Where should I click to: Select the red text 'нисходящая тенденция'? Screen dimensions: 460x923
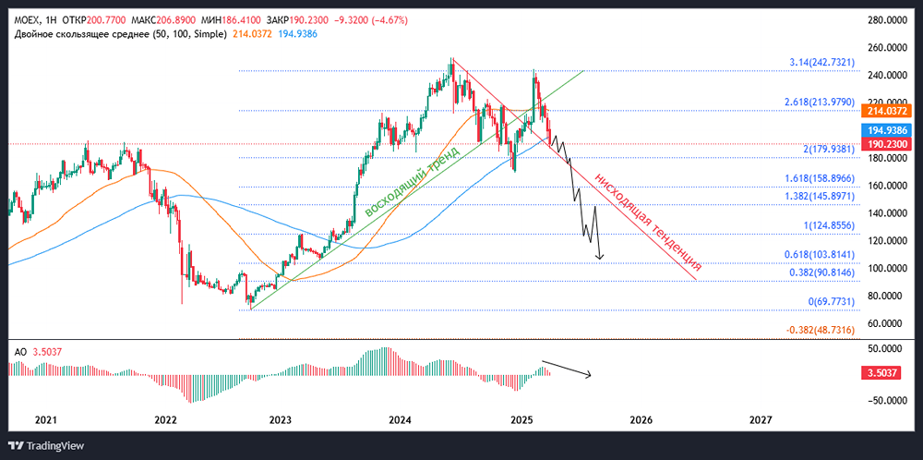click(x=646, y=220)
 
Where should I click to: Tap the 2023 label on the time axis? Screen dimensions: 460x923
click(x=280, y=420)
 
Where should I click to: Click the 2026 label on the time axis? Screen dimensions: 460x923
click(x=640, y=420)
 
